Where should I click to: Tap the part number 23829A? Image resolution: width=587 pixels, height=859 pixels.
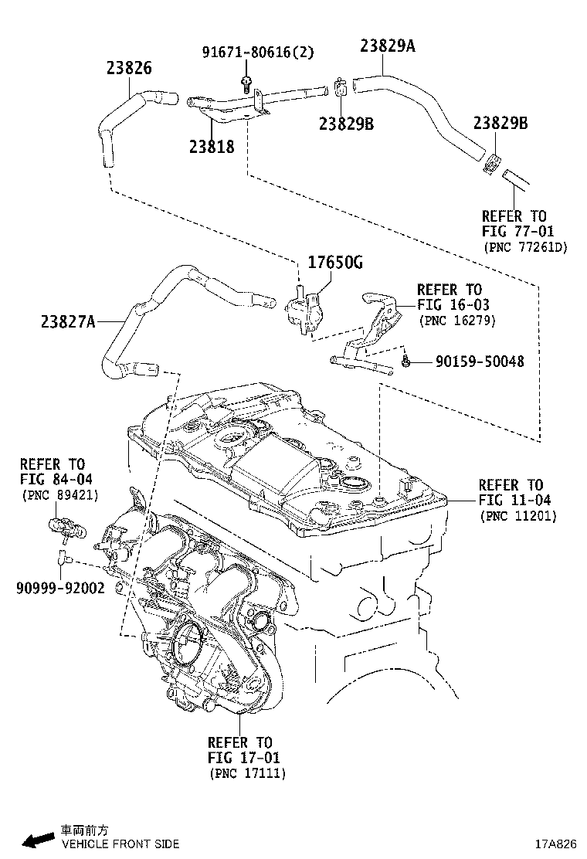pyautogui.click(x=387, y=46)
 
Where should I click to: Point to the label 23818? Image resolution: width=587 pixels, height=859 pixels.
pyautogui.click(x=211, y=145)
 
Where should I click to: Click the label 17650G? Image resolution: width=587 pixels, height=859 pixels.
pyautogui.click(x=335, y=263)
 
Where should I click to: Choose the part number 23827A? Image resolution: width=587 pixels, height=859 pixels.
pyautogui.click(x=68, y=321)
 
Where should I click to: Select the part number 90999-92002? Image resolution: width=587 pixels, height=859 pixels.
pyautogui.click(x=59, y=587)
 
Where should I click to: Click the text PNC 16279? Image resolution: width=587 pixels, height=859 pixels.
pyautogui.click(x=456, y=320)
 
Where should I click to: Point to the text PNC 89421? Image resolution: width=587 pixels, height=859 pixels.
pyautogui.click(x=59, y=494)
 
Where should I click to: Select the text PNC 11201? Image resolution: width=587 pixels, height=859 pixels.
pyautogui.click(x=517, y=515)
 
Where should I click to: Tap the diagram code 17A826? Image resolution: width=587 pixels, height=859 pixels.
pyautogui.click(x=557, y=844)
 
